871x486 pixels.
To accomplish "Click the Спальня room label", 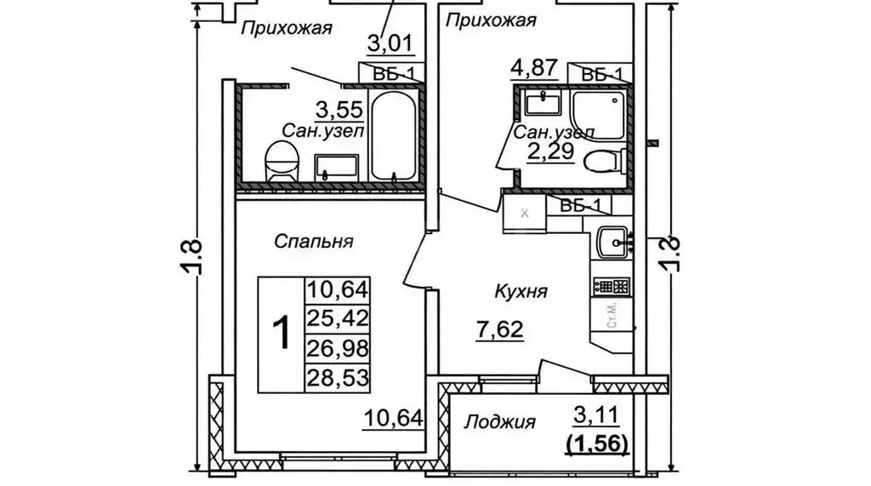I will [314, 241].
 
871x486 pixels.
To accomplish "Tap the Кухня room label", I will [520, 291].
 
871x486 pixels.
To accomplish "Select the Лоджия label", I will [500, 421].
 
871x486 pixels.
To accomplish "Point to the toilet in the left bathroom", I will [282, 162].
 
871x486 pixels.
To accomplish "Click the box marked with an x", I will [525, 213].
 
